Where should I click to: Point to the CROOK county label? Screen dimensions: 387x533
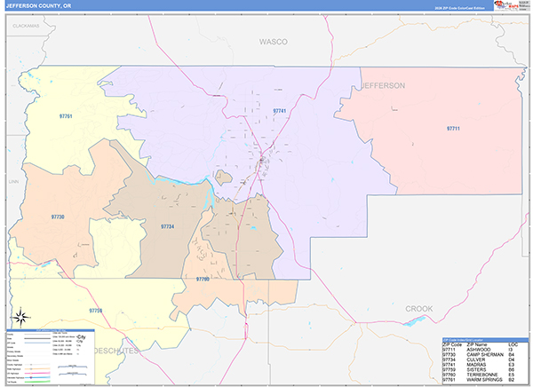419,308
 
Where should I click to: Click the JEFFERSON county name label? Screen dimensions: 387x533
383,85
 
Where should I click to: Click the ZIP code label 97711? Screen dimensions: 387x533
453,129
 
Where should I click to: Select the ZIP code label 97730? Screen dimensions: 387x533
58,217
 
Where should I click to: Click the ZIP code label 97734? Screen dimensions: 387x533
168,227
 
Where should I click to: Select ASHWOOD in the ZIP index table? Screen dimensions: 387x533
478,349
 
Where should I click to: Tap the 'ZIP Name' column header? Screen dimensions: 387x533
477,344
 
